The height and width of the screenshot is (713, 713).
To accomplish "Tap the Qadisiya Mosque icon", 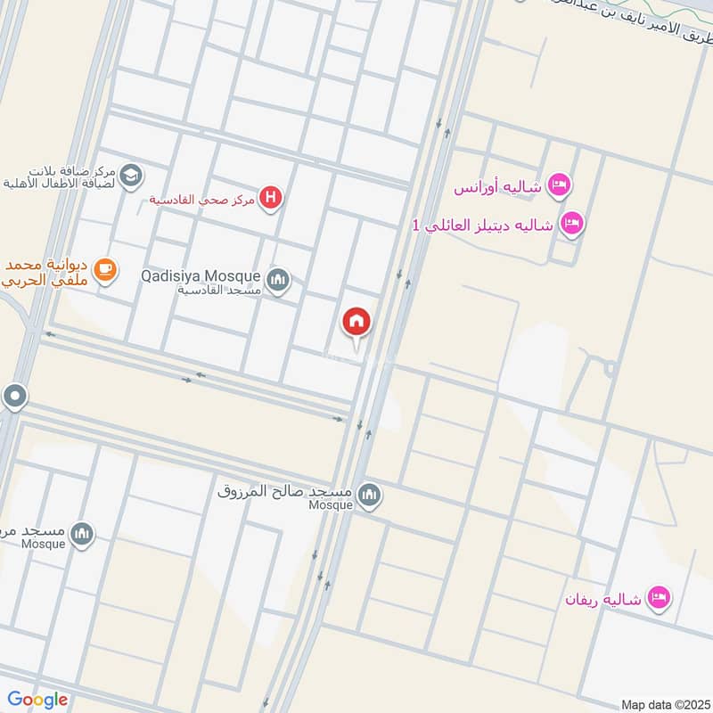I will pyautogui.click(x=279, y=281).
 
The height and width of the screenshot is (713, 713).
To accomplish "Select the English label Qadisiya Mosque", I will pyautogui.click(x=201, y=275).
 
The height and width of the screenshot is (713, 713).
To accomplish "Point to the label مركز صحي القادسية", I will pyautogui.click(x=202, y=198).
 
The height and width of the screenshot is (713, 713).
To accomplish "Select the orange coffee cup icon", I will pyautogui.click(x=105, y=268).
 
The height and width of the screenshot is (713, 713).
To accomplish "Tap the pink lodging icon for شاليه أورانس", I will pyautogui.click(x=560, y=185).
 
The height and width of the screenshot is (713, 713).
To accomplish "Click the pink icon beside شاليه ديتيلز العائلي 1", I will pyautogui.click(x=572, y=223).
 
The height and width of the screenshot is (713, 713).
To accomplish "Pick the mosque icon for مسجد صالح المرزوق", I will pyautogui.click(x=369, y=496).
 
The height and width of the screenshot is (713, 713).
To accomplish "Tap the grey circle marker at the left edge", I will pyautogui.click(x=14, y=397).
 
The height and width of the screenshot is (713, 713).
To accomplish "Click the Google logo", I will pyautogui.click(x=37, y=700).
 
